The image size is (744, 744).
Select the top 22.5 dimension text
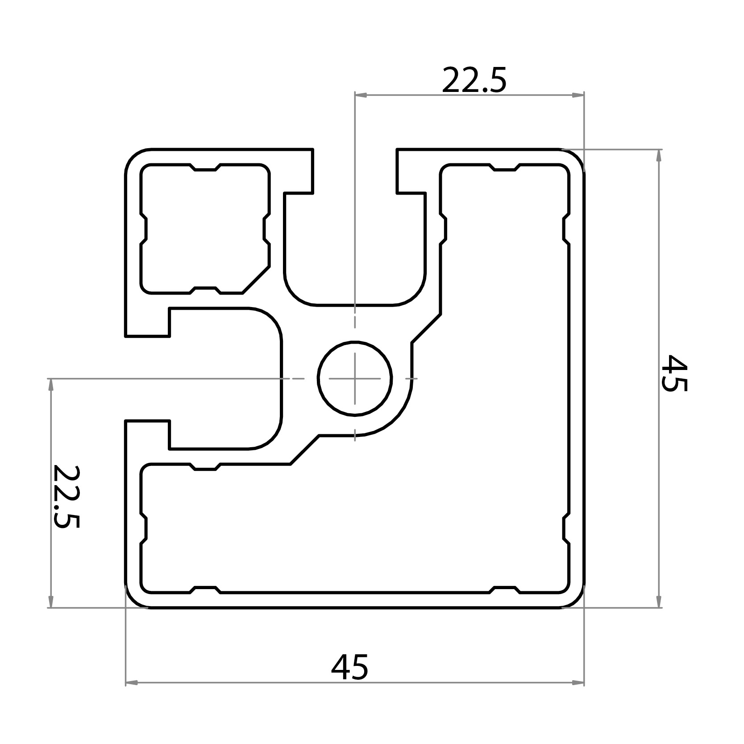click(x=474, y=81)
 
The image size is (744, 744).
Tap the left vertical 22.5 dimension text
click(x=66, y=496)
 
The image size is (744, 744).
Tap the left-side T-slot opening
click(x=147, y=378)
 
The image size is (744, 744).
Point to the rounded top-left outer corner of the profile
click(x=133, y=157)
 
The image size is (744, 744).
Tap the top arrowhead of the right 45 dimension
click(x=659, y=154)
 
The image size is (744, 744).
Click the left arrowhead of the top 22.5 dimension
click(x=360, y=95)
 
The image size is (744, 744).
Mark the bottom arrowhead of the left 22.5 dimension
click(x=50, y=602)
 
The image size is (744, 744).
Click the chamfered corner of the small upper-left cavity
click(x=256, y=280)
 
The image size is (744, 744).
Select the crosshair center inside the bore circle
click(x=355, y=378)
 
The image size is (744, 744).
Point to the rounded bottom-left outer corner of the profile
click(x=133, y=600)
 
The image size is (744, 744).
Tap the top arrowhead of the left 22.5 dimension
click(x=50, y=384)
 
